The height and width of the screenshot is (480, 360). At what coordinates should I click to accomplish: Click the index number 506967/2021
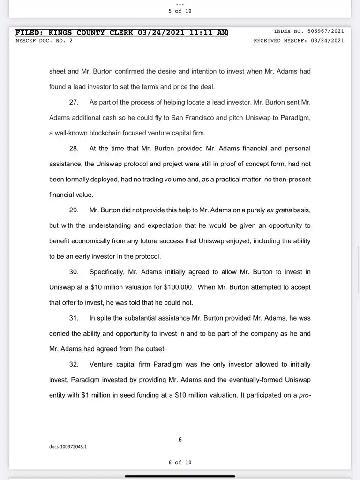(x=326, y=31)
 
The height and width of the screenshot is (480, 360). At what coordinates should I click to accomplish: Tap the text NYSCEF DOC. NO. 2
(x=44, y=40)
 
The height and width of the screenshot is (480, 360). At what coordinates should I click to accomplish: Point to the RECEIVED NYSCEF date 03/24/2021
(x=326, y=40)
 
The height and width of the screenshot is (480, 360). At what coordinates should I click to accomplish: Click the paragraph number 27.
(x=74, y=102)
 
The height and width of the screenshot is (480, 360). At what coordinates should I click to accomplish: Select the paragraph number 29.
(x=74, y=210)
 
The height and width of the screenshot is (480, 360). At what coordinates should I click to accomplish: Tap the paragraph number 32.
(x=74, y=364)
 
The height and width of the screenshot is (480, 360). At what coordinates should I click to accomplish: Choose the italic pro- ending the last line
(x=305, y=395)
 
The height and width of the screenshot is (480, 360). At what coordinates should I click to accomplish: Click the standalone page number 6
(x=180, y=439)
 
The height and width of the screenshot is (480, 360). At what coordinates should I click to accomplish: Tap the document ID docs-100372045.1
(x=68, y=447)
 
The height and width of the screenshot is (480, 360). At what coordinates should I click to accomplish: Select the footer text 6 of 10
(x=180, y=463)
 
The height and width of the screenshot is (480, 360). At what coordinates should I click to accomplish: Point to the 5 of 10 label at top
(x=180, y=11)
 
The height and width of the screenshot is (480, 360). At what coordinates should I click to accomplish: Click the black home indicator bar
(x=180, y=476)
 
